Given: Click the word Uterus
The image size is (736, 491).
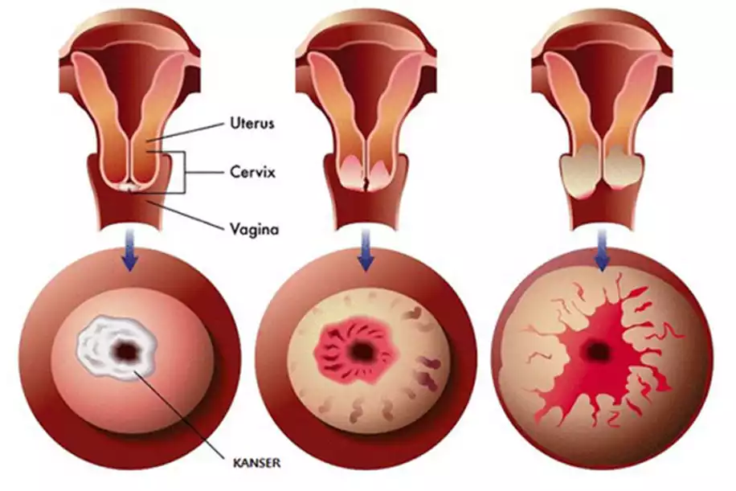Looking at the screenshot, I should click(253, 125).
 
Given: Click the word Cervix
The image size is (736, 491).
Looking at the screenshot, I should click(251, 172).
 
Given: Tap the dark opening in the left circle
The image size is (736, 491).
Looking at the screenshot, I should click(126, 350).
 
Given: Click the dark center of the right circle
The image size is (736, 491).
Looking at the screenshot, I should click(597, 350).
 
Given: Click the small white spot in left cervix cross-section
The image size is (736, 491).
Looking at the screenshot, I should click(129, 186).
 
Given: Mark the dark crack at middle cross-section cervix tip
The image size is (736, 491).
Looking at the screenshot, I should click(366, 184).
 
